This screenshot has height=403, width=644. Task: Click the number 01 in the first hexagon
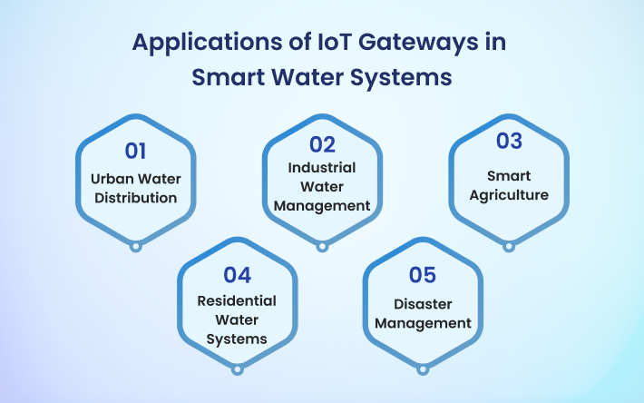[135, 152]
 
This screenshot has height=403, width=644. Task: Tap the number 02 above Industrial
[322, 144]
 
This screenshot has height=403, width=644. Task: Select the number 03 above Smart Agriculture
[509, 141]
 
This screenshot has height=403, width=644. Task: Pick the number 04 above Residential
[237, 275]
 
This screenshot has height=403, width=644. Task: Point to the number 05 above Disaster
[422, 275]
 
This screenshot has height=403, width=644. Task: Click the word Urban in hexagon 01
[112, 179]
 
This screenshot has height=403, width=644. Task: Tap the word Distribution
[135, 198]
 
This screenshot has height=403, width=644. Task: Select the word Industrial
[322, 168]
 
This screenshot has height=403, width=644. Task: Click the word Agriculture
[509, 195]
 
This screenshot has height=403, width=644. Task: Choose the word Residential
[237, 300]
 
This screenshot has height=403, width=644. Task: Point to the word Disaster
[423, 304]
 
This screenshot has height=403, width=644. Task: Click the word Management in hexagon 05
[423, 324]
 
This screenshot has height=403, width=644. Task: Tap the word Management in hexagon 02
[322, 206]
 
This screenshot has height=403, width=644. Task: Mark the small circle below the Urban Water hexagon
[135, 247]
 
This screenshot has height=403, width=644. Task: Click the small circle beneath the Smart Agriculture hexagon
[509, 247]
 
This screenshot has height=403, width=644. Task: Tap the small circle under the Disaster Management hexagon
[422, 369]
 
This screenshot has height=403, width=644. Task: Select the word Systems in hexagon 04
[237, 339]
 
